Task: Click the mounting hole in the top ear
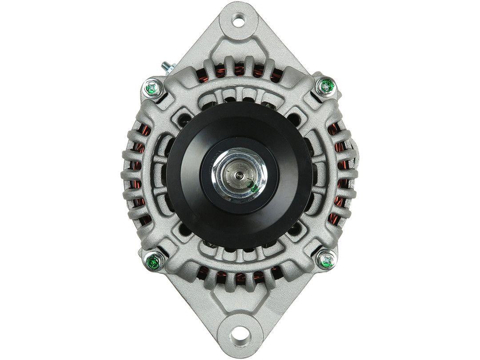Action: (x=240, y=19)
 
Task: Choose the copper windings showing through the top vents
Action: (x=240, y=71)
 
